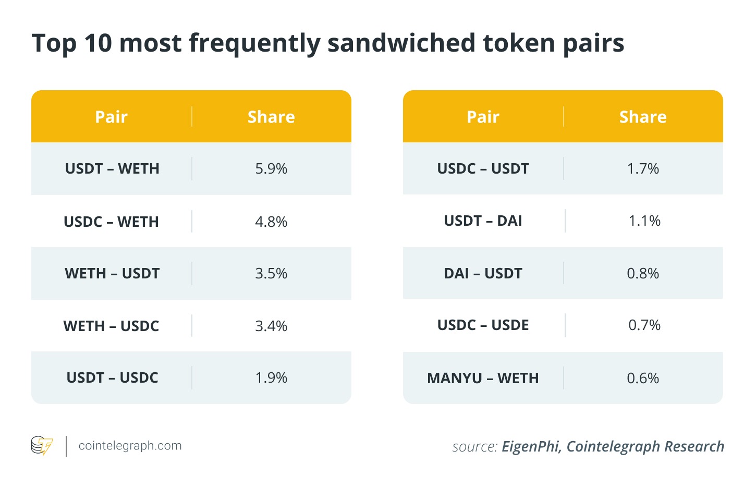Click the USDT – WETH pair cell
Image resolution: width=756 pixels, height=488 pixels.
click(112, 169)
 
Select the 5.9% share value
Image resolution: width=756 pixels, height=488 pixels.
click(271, 169)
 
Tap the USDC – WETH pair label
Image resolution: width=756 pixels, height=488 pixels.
click(111, 222)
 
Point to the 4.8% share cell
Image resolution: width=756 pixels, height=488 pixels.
click(271, 222)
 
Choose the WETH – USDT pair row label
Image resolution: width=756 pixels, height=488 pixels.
click(112, 274)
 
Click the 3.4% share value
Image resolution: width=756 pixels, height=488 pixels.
click(271, 326)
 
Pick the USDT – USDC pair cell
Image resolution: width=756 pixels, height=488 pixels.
click(112, 378)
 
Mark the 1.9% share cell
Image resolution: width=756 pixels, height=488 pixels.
click(271, 378)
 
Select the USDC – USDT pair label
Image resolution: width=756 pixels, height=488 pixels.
click(483, 169)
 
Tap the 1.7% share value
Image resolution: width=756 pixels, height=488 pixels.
click(643, 169)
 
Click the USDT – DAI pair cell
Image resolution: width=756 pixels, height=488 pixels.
click(483, 221)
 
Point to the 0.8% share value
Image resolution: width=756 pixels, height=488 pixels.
click(643, 274)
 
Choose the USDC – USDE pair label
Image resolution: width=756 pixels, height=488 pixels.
click(483, 325)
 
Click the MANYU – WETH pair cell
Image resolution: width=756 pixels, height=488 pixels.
click(483, 378)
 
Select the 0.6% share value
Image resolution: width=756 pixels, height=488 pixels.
click(643, 378)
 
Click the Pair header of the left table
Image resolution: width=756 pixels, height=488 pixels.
click(111, 117)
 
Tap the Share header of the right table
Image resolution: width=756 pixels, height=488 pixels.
click(643, 117)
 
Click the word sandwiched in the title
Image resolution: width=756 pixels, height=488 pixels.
click(401, 43)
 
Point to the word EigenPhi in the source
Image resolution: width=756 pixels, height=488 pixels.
click(531, 447)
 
